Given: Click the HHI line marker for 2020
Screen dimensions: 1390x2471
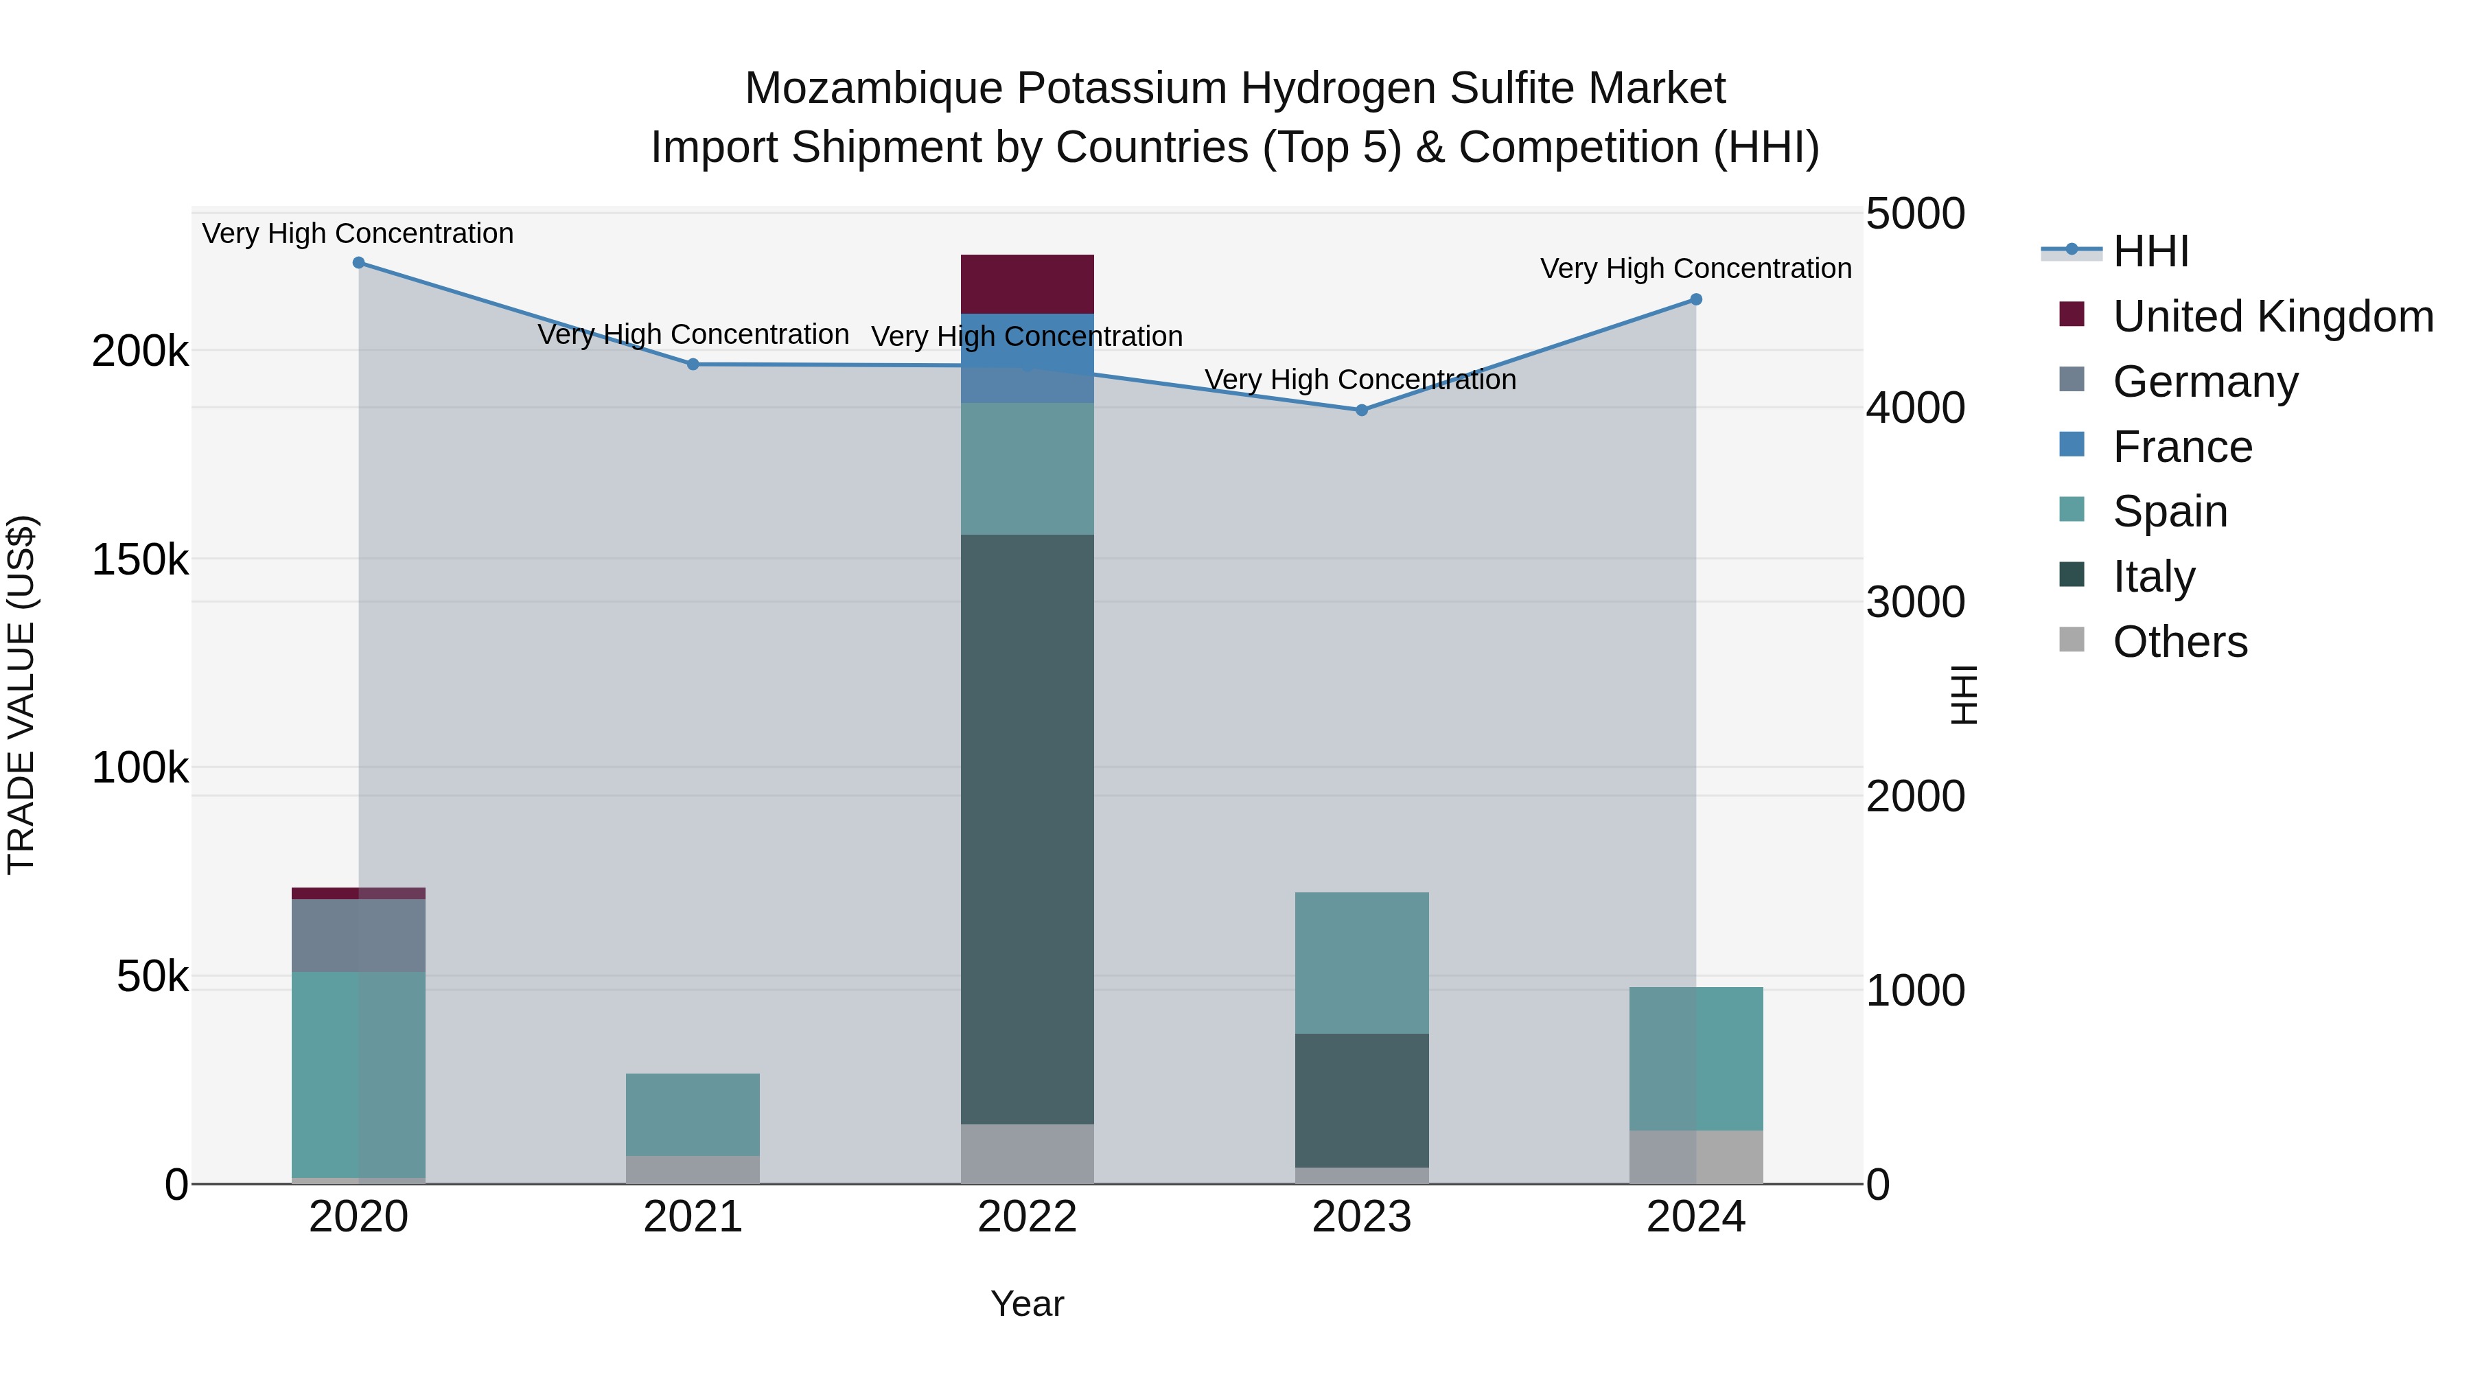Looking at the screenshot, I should [359, 263].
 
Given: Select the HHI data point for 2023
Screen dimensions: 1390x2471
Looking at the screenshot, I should [1361, 410].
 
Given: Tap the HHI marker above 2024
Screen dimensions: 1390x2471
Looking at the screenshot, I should [1695, 300].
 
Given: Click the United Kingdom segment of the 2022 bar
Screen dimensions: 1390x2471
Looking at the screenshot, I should [1028, 284].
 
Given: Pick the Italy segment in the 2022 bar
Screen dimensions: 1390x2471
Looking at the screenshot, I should [1028, 830].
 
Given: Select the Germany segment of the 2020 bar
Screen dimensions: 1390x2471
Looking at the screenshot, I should [359, 936].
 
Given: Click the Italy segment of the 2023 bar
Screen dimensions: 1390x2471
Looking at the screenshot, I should [1361, 1100].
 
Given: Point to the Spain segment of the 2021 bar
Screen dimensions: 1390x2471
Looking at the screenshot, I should [693, 1115].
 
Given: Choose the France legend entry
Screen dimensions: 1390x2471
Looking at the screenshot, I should [2182, 447].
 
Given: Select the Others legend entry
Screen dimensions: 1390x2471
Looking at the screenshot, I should [2179, 642].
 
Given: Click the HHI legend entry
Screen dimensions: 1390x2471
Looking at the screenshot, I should [2150, 251].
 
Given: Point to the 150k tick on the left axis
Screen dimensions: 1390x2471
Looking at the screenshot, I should [140, 559].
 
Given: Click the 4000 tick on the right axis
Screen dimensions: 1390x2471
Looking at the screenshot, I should [1914, 408].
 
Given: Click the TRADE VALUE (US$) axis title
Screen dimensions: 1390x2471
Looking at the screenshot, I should [21, 695].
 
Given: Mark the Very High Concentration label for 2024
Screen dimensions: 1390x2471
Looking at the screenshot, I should [1695, 268].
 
